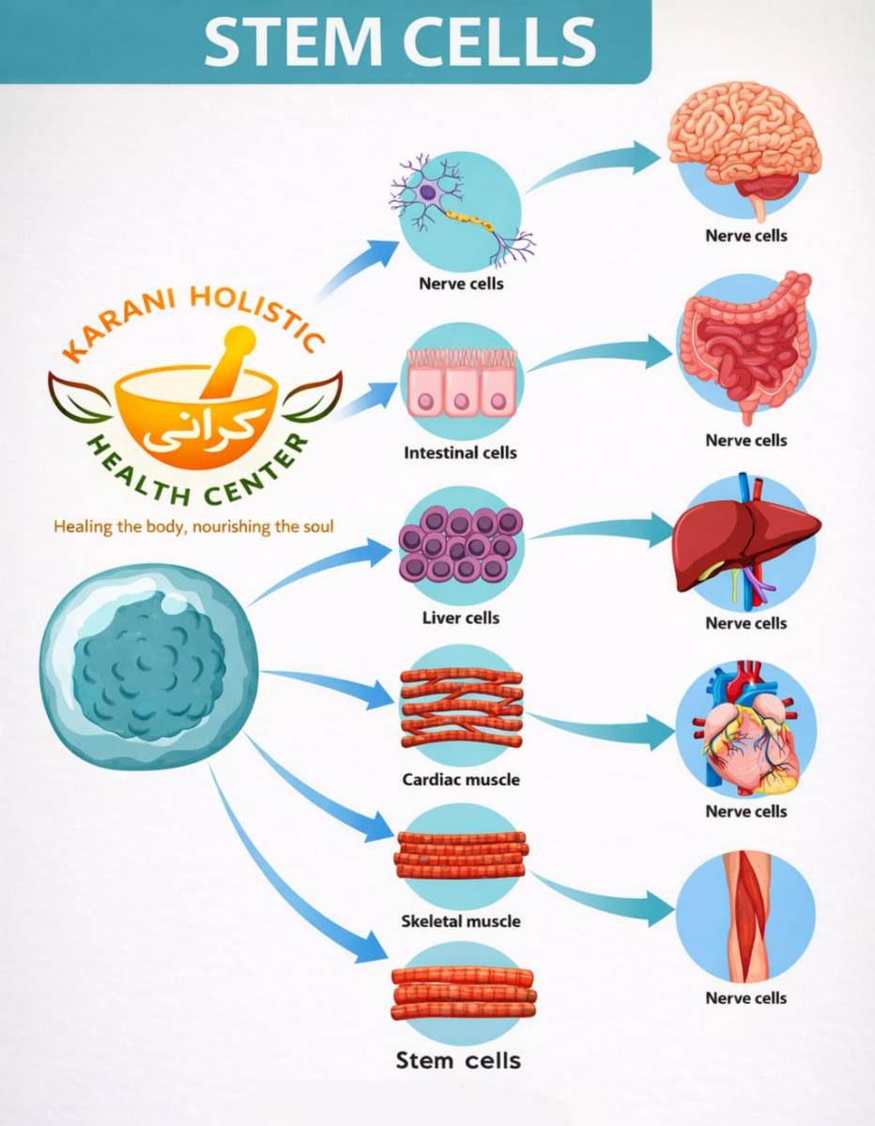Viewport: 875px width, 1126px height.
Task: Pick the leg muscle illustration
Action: click(746, 915)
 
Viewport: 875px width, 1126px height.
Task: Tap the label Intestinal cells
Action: click(460, 452)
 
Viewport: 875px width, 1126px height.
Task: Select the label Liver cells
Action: click(460, 617)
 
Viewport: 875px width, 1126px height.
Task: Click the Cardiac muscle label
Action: click(460, 779)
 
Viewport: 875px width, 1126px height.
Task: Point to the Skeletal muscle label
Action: click(460, 921)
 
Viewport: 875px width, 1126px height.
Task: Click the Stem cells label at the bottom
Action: click(458, 1061)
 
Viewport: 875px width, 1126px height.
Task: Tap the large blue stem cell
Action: click(148, 666)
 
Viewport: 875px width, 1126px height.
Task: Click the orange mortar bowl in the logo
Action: click(197, 413)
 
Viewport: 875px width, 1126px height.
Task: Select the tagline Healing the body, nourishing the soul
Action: click(193, 526)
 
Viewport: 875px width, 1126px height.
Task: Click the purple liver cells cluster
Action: click(460, 544)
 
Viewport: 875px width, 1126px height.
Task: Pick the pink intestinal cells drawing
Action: click(460, 385)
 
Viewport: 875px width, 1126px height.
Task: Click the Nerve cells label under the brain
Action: click(746, 236)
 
